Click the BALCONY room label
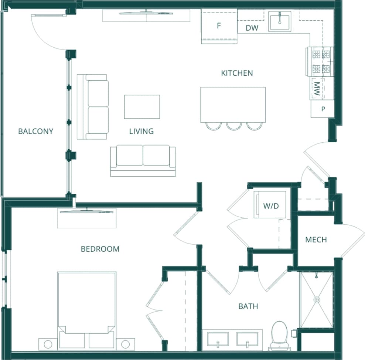(x=35, y=131)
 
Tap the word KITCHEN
(x=237, y=73)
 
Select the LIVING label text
(x=141, y=131)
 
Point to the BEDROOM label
(x=100, y=249)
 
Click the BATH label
(x=248, y=306)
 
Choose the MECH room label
(x=316, y=240)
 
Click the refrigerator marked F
(x=219, y=26)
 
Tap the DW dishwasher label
(x=252, y=28)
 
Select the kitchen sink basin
(x=280, y=21)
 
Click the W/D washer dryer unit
(x=270, y=206)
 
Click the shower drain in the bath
(x=317, y=300)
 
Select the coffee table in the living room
(x=142, y=107)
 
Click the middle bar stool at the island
(x=233, y=126)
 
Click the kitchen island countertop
(x=233, y=104)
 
